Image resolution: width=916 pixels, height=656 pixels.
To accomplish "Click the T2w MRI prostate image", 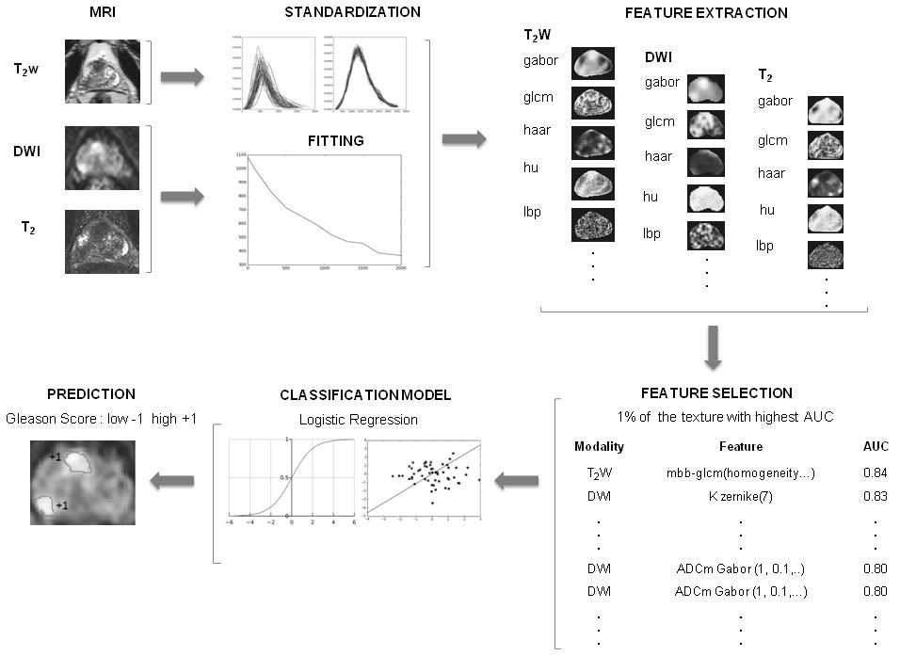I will click(102, 71).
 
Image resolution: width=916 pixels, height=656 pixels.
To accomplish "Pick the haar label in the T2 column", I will click(772, 173).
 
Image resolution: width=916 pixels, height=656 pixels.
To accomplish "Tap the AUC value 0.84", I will click(876, 472).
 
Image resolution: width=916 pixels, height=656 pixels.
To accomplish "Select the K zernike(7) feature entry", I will click(741, 495).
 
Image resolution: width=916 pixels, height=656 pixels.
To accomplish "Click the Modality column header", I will click(599, 446).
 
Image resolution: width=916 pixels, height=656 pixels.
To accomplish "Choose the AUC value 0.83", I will click(876, 495).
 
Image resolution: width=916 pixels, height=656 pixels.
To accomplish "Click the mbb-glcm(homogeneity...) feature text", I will click(740, 472).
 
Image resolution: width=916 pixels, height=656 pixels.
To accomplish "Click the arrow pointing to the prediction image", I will click(174, 481).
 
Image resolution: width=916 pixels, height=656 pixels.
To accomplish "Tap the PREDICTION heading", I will click(85, 393).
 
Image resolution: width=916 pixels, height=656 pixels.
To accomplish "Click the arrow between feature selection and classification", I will click(518, 481).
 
